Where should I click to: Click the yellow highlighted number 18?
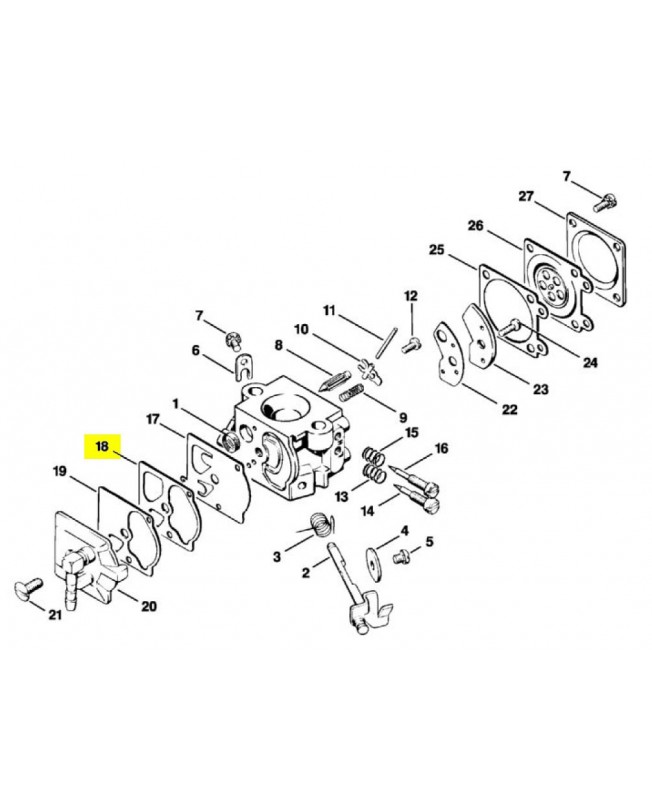click(x=102, y=446)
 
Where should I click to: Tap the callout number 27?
click(x=527, y=196)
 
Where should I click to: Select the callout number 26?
click(x=476, y=227)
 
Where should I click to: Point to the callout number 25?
click(x=437, y=249)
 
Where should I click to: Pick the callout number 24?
click(x=591, y=362)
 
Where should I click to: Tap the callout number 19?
click(x=60, y=471)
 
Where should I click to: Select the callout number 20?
click(x=149, y=606)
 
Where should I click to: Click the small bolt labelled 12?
click(x=408, y=344)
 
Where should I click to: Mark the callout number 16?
click(x=441, y=448)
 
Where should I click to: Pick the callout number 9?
click(x=402, y=417)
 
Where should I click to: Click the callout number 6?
click(x=196, y=350)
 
